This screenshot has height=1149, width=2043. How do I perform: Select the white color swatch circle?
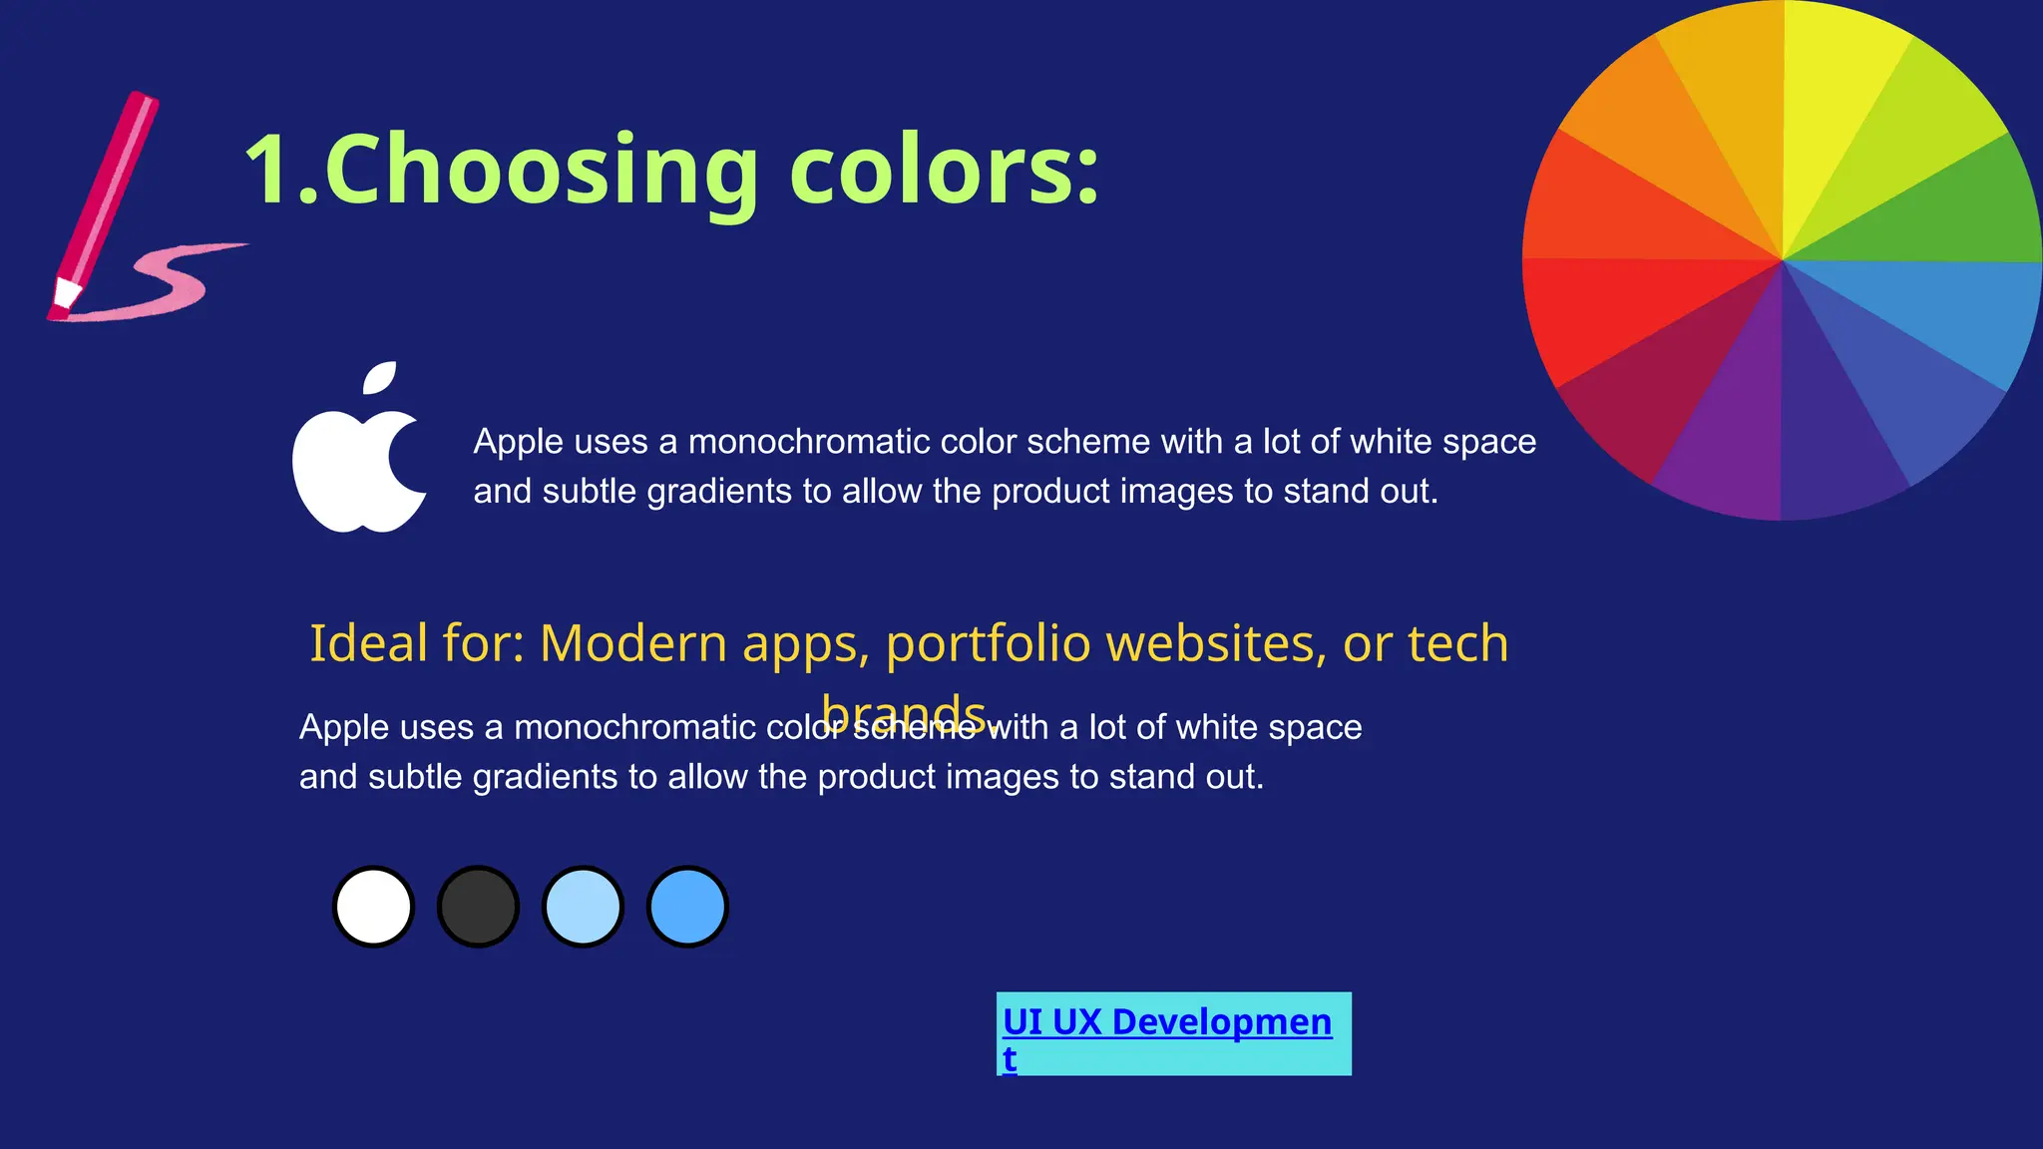(373, 907)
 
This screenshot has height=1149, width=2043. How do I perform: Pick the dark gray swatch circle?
(478, 907)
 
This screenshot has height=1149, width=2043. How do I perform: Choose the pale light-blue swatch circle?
(583, 907)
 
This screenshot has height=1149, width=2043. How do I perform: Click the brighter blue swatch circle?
(687, 907)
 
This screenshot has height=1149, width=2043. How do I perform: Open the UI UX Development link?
(1166, 1022)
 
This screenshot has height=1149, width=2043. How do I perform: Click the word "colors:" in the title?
(943, 170)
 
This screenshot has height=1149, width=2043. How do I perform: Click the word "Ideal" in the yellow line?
(368, 643)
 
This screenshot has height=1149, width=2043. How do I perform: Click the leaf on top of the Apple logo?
(380, 378)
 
